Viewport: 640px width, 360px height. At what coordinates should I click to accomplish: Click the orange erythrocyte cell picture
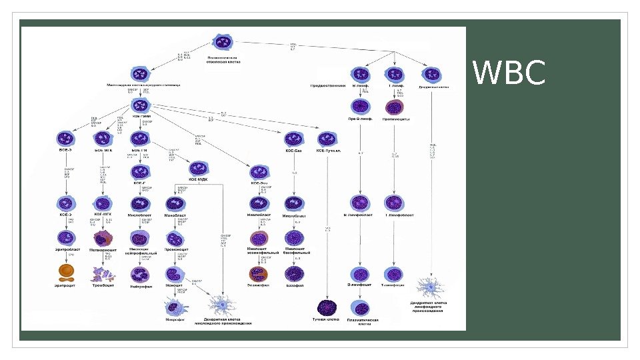(x=67, y=271)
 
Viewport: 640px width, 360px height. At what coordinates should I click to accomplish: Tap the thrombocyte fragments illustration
(x=102, y=273)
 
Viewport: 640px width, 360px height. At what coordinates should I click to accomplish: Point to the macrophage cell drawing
(x=175, y=307)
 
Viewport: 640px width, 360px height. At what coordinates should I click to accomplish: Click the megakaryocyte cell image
(x=103, y=238)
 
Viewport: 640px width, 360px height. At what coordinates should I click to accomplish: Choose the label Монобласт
(x=175, y=215)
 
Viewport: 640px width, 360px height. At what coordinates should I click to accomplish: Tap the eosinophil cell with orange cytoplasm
(x=259, y=273)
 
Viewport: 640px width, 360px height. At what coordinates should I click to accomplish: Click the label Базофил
(x=295, y=287)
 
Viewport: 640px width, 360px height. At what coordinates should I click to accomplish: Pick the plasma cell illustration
(x=361, y=308)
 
